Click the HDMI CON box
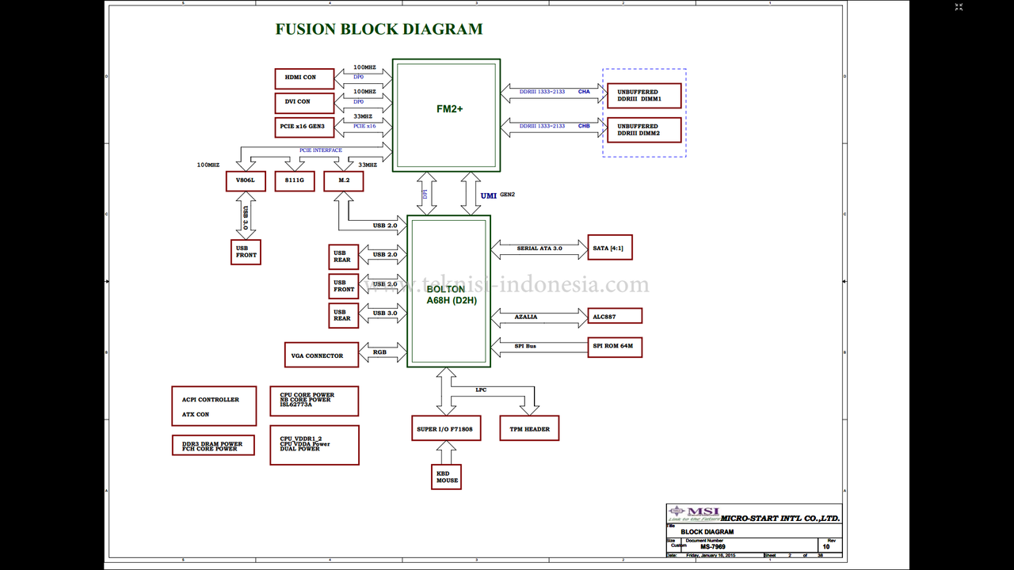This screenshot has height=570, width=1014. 305,78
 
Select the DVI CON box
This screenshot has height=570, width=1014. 305,102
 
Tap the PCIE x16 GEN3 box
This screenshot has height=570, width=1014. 305,127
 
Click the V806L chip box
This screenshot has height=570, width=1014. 245,181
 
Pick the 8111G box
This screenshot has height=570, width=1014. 295,181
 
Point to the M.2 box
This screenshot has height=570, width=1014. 343,181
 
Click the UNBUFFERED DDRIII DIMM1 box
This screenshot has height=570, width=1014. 643,95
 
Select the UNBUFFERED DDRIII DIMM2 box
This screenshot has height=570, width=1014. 643,130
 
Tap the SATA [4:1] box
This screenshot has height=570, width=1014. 609,248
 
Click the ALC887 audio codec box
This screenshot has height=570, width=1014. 614,316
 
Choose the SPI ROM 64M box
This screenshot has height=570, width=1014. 614,347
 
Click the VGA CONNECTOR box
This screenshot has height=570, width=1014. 321,355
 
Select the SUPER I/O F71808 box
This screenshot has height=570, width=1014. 445,429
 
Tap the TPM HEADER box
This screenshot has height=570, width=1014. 528,429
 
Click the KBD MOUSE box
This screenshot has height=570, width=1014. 447,477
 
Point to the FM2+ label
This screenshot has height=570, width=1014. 449,109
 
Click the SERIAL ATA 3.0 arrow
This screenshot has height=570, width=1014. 539,249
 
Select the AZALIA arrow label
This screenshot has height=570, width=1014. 526,317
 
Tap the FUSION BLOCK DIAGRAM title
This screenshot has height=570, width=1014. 379,30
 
